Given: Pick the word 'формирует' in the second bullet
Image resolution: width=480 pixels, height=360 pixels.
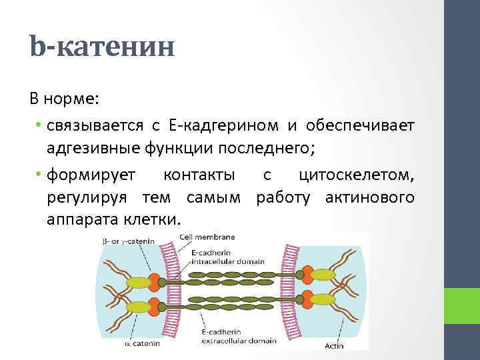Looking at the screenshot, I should (91, 175).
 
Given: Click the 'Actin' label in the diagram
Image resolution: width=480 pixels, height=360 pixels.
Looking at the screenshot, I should (334, 345).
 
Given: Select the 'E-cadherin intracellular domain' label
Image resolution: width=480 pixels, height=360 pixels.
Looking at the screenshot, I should (220, 257).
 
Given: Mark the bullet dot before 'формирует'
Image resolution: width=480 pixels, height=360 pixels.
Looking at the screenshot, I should (40, 175).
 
